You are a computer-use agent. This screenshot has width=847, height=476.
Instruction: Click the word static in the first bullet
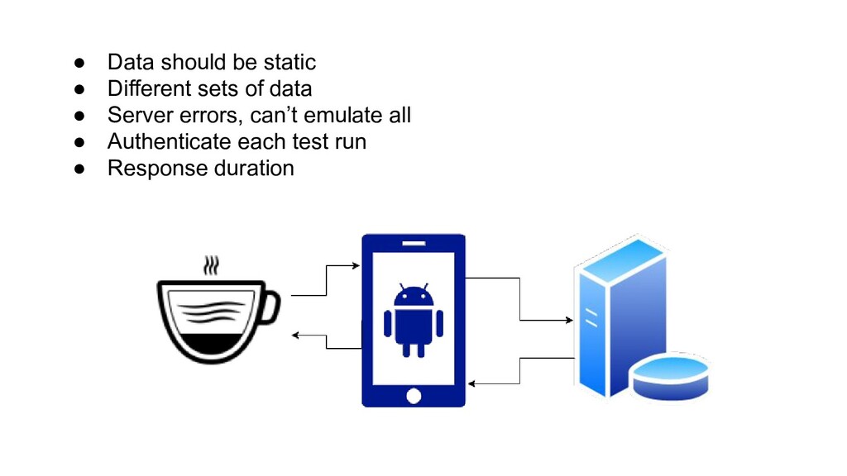pyautogui.click(x=289, y=62)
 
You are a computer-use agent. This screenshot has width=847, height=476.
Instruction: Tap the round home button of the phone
pyautogui.click(x=414, y=396)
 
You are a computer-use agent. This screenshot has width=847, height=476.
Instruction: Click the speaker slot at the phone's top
pyautogui.click(x=414, y=243)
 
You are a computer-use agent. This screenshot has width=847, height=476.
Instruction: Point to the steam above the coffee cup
pyautogui.click(x=213, y=266)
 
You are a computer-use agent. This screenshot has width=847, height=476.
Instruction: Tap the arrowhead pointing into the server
pyautogui.click(x=568, y=319)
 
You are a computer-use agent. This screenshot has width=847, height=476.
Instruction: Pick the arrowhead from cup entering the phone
pyautogui.click(x=356, y=266)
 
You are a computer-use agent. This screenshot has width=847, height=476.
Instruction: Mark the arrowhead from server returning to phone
pyautogui.click(x=471, y=383)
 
